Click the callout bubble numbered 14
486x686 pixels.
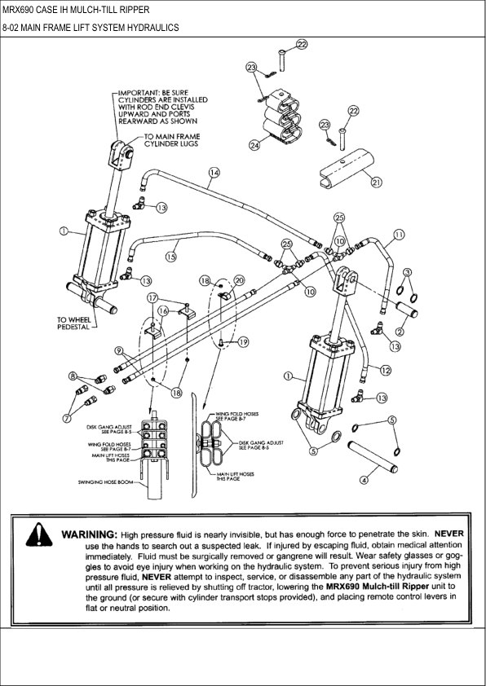click(214, 173)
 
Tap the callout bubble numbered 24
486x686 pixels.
click(254, 145)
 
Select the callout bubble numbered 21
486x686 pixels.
click(376, 182)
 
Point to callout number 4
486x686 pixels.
click(364, 480)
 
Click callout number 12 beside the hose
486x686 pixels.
click(386, 370)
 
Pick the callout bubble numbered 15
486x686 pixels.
click(170, 257)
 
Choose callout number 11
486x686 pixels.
click(399, 235)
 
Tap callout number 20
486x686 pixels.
click(239, 280)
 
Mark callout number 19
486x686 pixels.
click(244, 342)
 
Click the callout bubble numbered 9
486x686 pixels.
click(118, 350)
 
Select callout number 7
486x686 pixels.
click(67, 418)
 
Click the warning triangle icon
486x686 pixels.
click(39, 535)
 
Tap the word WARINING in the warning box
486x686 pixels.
click(90, 534)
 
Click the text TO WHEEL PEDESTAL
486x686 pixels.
click(74, 323)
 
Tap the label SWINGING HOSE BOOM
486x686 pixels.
click(106, 482)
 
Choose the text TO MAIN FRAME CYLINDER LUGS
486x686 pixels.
click(172, 140)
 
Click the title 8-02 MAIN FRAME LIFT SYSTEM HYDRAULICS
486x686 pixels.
click(91, 28)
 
